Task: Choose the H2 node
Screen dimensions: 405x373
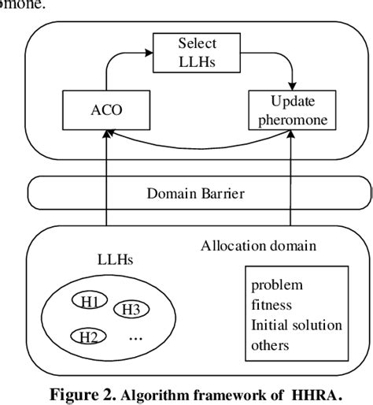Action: (87, 337)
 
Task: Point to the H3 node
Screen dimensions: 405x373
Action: (129, 309)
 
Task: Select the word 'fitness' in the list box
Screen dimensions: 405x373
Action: (271, 304)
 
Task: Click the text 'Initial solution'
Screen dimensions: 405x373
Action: (296, 325)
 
